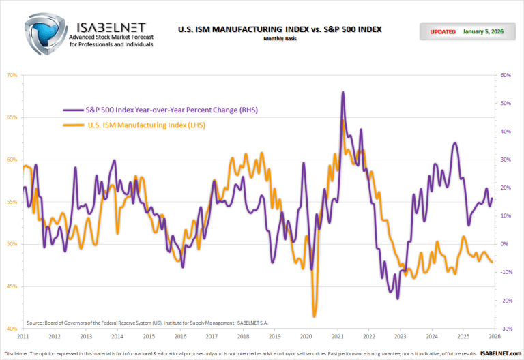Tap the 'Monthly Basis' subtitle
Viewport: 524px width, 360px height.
(x=280, y=39)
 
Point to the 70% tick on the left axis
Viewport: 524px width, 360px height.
(x=12, y=75)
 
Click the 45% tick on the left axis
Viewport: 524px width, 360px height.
(x=12, y=286)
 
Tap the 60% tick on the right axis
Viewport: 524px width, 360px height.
(x=506, y=75)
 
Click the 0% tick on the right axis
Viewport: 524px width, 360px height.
(x=506, y=244)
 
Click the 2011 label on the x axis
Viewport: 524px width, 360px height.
(x=23, y=337)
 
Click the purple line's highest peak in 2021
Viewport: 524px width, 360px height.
(x=343, y=92)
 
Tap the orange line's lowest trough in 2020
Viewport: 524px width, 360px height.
(x=314, y=316)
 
